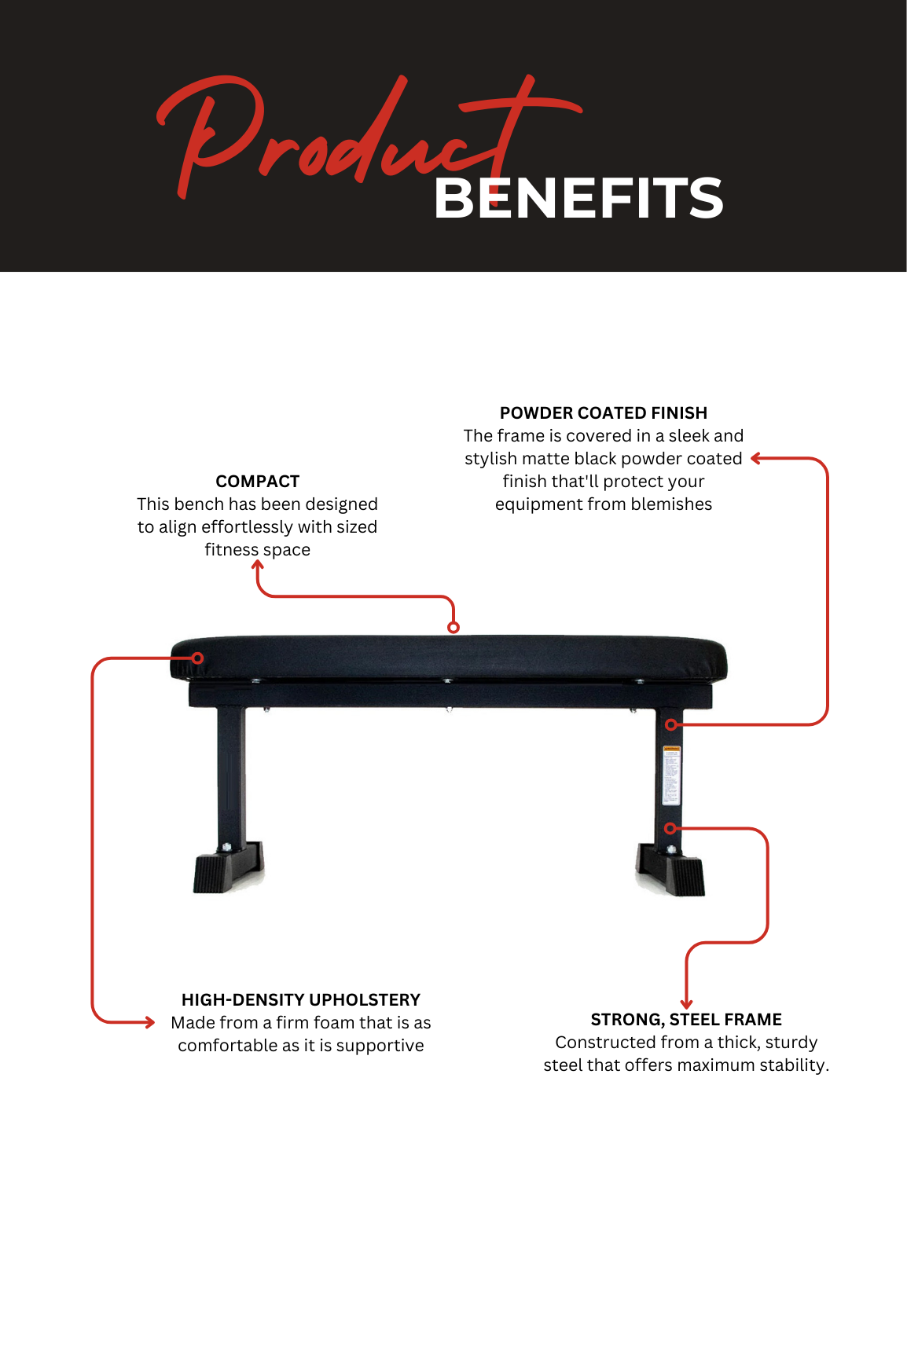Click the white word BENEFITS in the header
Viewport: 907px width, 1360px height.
[x=578, y=198]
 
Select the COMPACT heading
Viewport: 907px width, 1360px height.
[x=258, y=481]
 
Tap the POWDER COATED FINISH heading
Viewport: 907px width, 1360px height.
[x=604, y=412]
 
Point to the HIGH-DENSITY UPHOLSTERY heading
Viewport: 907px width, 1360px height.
[x=301, y=999]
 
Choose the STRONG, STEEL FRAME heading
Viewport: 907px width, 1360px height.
[x=686, y=1020]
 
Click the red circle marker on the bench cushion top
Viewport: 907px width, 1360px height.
[x=453, y=627]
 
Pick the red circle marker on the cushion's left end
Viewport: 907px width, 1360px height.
[x=198, y=658]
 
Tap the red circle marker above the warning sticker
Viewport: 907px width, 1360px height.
[x=671, y=724]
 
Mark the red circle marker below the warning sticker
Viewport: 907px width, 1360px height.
[x=670, y=828]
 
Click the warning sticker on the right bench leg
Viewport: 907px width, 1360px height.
[x=671, y=775]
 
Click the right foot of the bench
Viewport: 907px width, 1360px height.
[x=670, y=871]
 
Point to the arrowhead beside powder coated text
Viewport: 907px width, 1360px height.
[x=756, y=458]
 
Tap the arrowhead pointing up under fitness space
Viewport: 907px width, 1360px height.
[x=258, y=565]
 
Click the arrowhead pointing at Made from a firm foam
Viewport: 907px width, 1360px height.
[x=150, y=1022]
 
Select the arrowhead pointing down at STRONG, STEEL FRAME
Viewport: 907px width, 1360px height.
[x=687, y=1003]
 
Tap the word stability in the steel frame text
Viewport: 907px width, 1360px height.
[x=795, y=1065]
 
